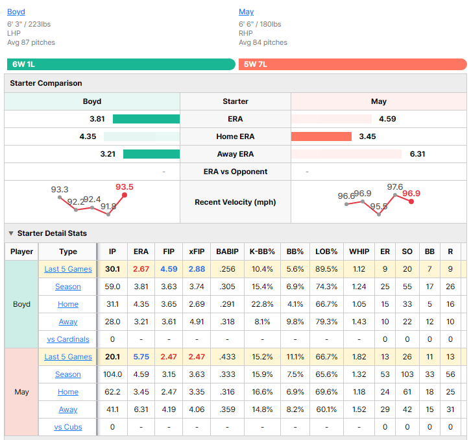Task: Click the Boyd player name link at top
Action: pyautogui.click(x=16, y=12)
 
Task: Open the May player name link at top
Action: pyautogui.click(x=246, y=12)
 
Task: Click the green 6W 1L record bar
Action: pyautogui.click(x=121, y=64)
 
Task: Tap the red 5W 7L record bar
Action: pyautogui.click(x=353, y=64)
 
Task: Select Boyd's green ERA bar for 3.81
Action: pyautogui.click(x=146, y=119)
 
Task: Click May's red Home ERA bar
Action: pyautogui.click(x=321, y=136)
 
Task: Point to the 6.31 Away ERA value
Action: pyautogui.click(x=417, y=154)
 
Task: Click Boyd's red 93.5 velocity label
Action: pyautogui.click(x=125, y=187)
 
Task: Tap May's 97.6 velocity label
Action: pyautogui.click(x=394, y=187)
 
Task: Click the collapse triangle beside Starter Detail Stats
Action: pyautogui.click(x=11, y=233)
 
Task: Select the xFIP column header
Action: pyautogui.click(x=197, y=252)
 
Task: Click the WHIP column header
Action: pyautogui.click(x=359, y=252)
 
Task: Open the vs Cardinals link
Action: pyautogui.click(x=68, y=339)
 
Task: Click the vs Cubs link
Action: pyautogui.click(x=68, y=427)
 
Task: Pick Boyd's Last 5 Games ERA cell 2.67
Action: pyautogui.click(x=141, y=269)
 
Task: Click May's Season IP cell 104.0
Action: pyautogui.click(x=112, y=374)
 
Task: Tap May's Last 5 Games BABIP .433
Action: pyautogui.click(x=227, y=357)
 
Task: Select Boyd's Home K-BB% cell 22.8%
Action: pyautogui.click(x=262, y=304)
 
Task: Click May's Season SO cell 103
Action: pyautogui.click(x=407, y=374)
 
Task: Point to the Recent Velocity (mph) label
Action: pyautogui.click(x=235, y=202)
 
